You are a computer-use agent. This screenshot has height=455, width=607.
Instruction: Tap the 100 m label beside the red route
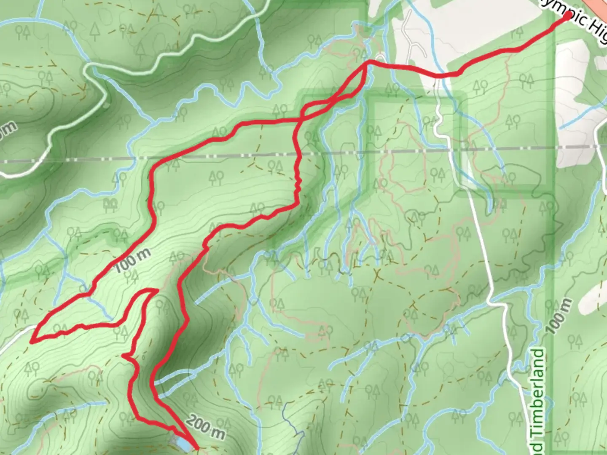pyautogui.click(x=132, y=260)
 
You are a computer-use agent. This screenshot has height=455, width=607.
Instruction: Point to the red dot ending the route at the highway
pyautogui.click(x=568, y=16)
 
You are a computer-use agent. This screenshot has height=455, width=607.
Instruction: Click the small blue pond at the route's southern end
pyautogui.click(x=182, y=442)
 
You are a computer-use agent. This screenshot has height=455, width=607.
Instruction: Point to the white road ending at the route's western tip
pyautogui.click(x=17, y=333)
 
